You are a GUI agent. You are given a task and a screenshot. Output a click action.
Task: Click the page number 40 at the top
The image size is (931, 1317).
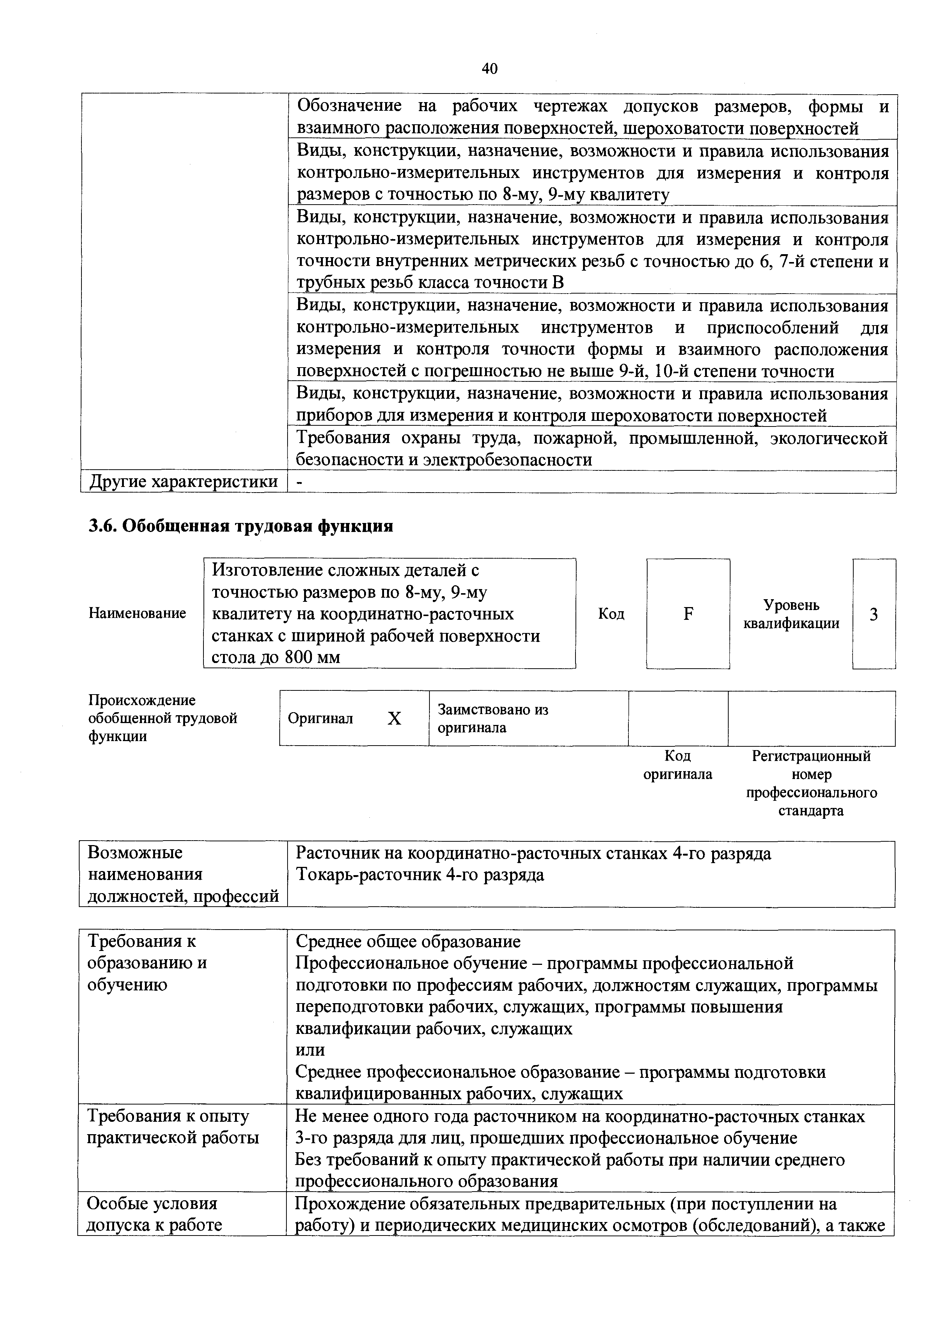489,69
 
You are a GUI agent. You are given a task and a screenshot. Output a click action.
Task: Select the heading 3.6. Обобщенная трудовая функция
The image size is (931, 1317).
241,526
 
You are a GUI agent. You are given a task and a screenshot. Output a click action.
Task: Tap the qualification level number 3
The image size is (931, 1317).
874,615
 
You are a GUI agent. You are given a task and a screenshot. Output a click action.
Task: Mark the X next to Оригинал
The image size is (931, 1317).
394,719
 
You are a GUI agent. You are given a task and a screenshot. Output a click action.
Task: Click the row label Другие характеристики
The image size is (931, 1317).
183,482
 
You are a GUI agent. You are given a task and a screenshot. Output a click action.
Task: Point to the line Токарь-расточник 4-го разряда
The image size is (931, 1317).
419,875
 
